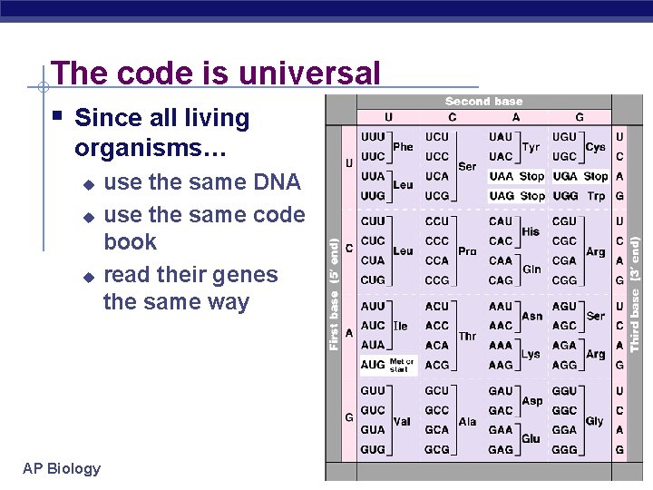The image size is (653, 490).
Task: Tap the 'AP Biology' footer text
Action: [x=62, y=468]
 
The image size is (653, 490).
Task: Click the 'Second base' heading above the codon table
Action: [x=483, y=102]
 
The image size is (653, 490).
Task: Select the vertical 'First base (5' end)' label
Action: [x=335, y=294]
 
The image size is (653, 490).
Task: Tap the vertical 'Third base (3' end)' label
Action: [x=635, y=294]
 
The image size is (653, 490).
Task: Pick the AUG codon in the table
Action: [x=373, y=365]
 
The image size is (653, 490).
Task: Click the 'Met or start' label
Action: [x=401, y=365]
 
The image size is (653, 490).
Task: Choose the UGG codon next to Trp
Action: [x=565, y=196]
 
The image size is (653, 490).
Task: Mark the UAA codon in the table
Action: [x=501, y=176]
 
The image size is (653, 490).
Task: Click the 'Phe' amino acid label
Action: [x=403, y=146]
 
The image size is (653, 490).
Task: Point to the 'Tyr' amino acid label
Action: [x=531, y=146]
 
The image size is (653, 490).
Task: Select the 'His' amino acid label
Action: [x=531, y=231]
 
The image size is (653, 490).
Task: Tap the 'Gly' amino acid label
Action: [x=595, y=421]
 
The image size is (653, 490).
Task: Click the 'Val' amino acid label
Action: [x=403, y=422]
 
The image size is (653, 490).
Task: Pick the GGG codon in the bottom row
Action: [x=564, y=449]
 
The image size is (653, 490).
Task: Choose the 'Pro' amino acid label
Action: [x=467, y=251]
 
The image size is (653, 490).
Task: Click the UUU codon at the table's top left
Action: [x=373, y=136]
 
